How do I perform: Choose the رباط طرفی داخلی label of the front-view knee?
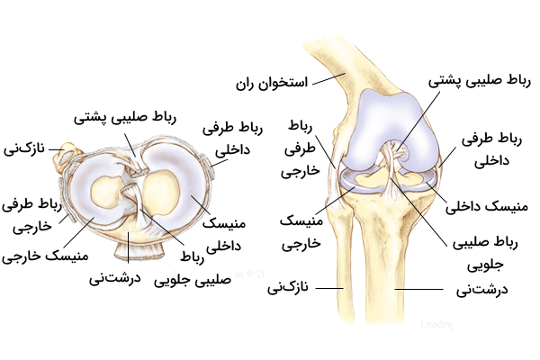(x=487, y=150)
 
